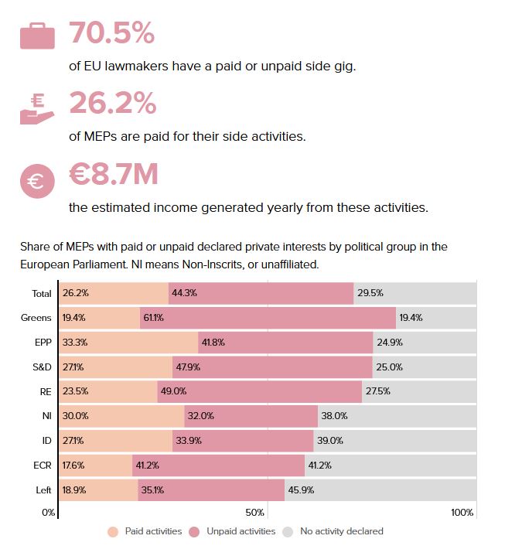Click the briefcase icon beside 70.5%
(x=37, y=36)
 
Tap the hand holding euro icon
(x=37, y=110)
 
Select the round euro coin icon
(x=37, y=181)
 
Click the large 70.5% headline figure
(x=112, y=34)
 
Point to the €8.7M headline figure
(x=113, y=175)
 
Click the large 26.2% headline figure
(x=113, y=104)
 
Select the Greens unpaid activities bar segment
(x=268, y=318)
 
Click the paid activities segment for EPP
(x=128, y=342)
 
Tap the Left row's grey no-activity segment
(x=379, y=489)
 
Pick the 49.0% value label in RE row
(x=173, y=391)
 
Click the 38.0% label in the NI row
(x=334, y=416)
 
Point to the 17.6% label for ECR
(x=73, y=465)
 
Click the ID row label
(x=46, y=440)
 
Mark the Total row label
(x=42, y=294)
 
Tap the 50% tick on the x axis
(x=256, y=513)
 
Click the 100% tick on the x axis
(x=462, y=513)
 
